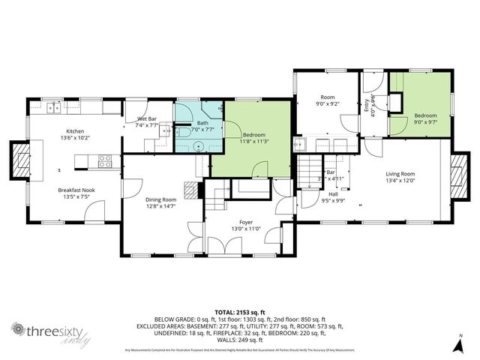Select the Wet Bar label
point(146,119)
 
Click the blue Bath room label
point(202,123)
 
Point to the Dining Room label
point(160,199)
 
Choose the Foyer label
point(246,223)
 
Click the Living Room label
point(400,174)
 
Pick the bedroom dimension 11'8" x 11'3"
point(254,141)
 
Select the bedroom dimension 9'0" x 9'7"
point(424,122)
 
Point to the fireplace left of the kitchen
point(20,159)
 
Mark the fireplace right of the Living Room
point(456,175)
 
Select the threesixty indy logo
point(46,332)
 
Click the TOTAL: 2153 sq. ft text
point(239,311)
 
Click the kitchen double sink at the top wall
point(54,108)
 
